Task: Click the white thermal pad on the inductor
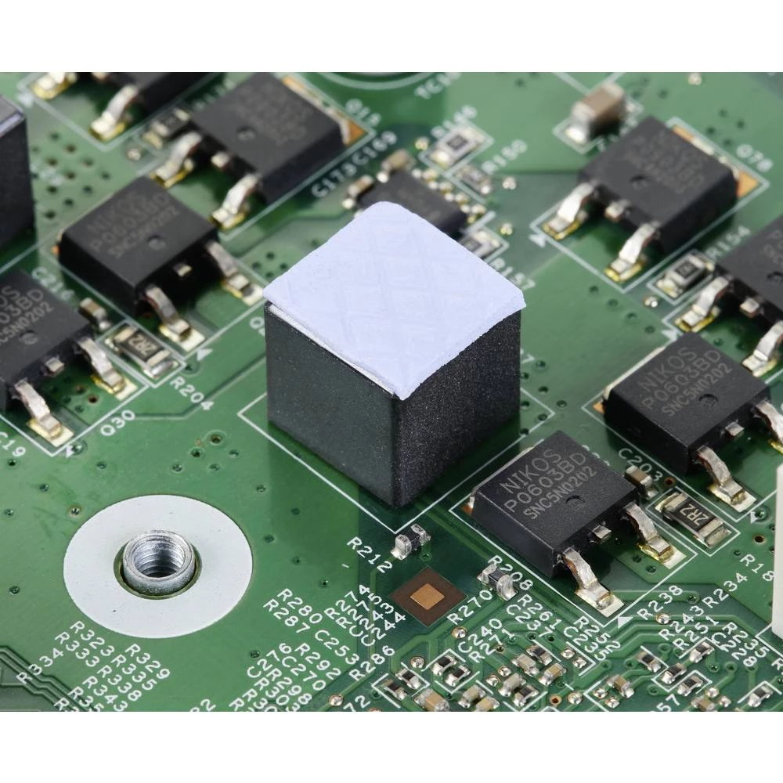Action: pyautogui.click(x=394, y=298)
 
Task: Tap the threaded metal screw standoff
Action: pyautogui.click(x=157, y=561)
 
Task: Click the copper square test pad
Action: pyautogui.click(x=428, y=597)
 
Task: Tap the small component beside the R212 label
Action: pyautogui.click(x=410, y=540)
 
